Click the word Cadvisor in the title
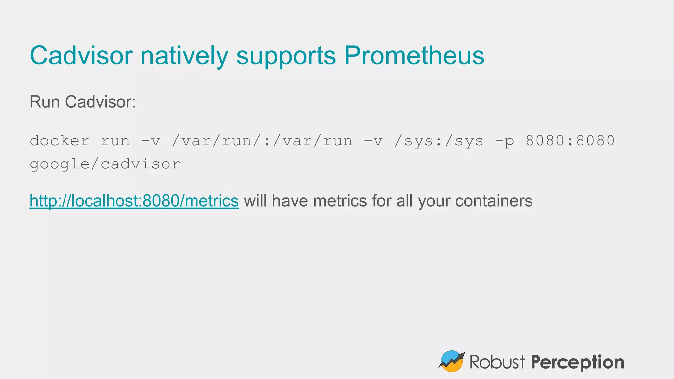point(81,55)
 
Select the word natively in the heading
point(184,55)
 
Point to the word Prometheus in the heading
point(414,55)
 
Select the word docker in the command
point(60,141)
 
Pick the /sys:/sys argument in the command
point(439,141)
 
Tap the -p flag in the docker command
point(505,141)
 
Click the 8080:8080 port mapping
point(570,141)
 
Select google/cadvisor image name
point(105,164)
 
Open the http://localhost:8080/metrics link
point(134,201)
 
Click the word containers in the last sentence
point(494,201)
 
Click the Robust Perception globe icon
point(452,361)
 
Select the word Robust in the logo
point(497,362)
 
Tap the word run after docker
point(115,141)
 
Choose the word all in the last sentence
point(404,201)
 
